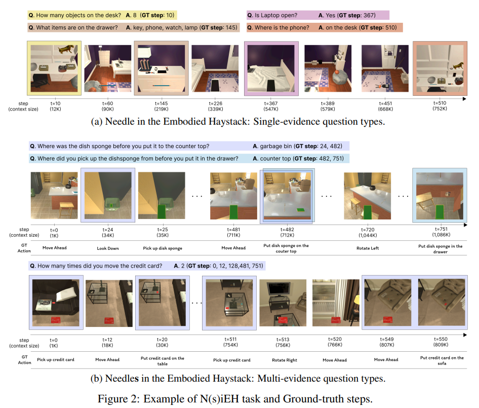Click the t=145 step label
click(x=162, y=103)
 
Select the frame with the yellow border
click(x=54, y=68)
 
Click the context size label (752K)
click(x=440, y=108)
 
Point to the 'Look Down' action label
click(x=108, y=248)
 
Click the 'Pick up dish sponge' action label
click(x=163, y=248)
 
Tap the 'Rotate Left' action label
click(x=368, y=248)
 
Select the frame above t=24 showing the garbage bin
click(x=108, y=195)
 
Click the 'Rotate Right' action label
click(x=285, y=360)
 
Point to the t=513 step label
click(x=283, y=340)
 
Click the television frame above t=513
click(x=283, y=303)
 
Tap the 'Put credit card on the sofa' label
click(x=442, y=360)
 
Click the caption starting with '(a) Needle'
click(x=238, y=122)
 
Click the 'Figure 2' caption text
click(x=235, y=399)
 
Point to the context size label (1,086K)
click(x=441, y=235)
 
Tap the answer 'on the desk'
click(x=341, y=27)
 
